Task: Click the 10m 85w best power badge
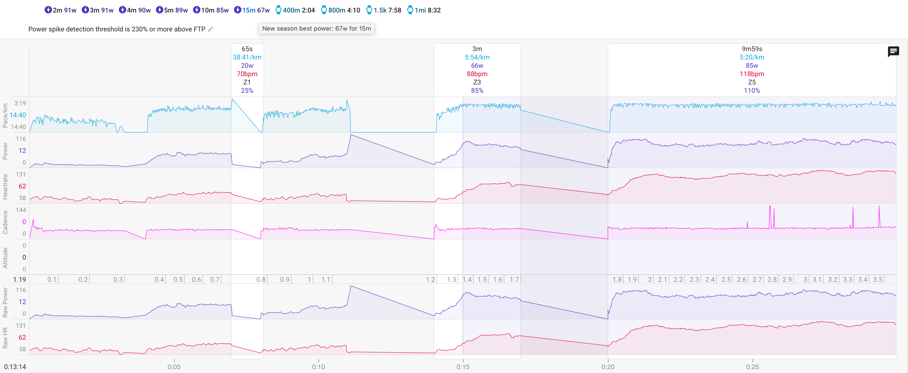click(x=211, y=10)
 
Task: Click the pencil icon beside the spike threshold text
click(x=210, y=29)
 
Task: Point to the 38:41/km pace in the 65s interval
click(x=247, y=57)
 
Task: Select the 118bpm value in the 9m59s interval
click(x=752, y=74)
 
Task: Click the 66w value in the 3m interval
click(x=477, y=66)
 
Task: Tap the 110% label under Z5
click(x=752, y=91)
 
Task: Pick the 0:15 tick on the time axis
click(x=463, y=367)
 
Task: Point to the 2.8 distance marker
click(x=772, y=280)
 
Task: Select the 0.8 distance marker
click(x=261, y=280)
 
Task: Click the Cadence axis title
click(x=5, y=222)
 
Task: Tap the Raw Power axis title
click(x=5, y=302)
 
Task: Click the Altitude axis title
click(x=5, y=257)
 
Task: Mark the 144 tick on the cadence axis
click(x=21, y=210)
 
